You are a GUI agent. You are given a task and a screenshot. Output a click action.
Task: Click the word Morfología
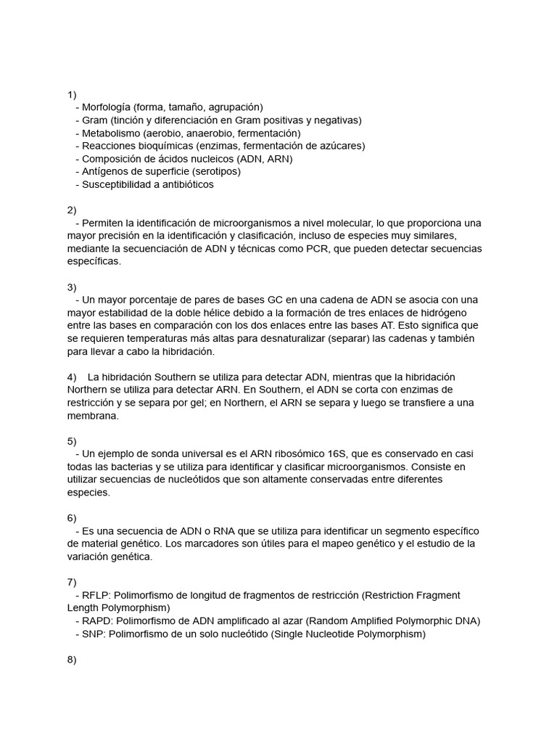[x=108, y=107]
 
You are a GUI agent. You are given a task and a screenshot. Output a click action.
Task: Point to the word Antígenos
[x=105, y=172]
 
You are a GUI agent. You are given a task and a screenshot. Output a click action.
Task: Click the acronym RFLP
[x=96, y=596]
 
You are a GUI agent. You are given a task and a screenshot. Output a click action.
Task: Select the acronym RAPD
[x=98, y=621]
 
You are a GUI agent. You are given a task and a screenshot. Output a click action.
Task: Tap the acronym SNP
[x=94, y=634]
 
